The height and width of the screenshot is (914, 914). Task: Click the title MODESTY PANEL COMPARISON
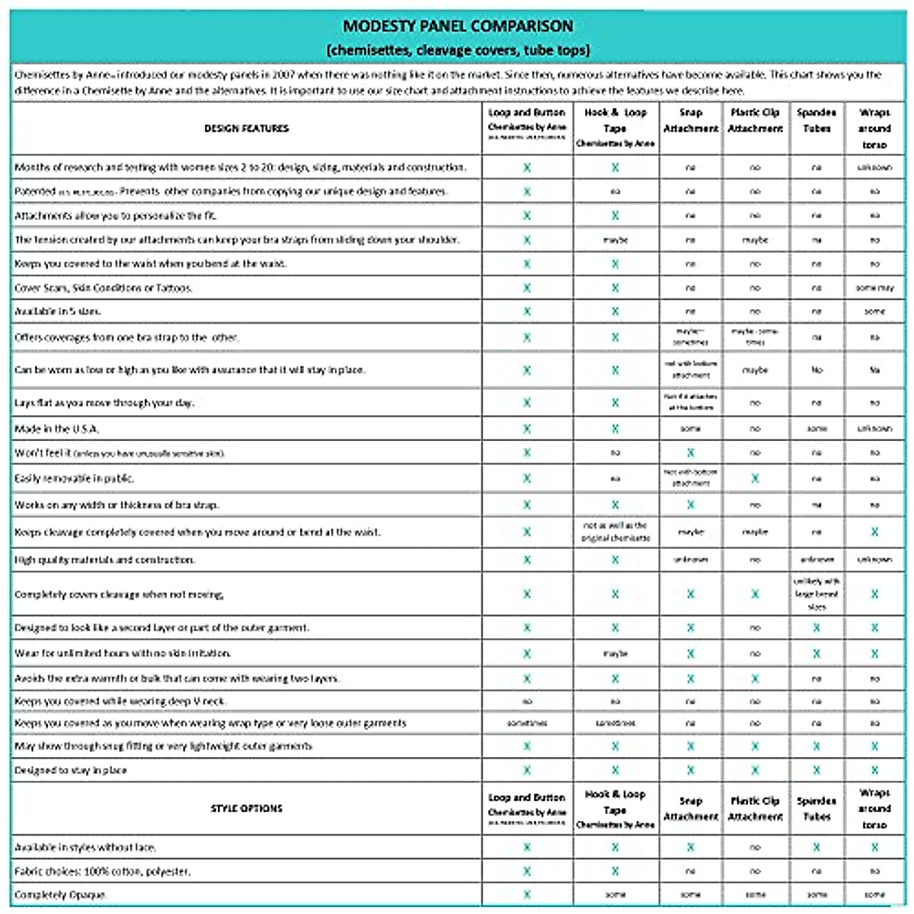coord(457,26)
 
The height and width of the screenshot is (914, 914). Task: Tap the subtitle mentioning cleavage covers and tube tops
coord(457,50)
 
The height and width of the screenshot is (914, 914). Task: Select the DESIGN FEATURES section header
coord(246,129)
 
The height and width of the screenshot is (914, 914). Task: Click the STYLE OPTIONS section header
coord(246,808)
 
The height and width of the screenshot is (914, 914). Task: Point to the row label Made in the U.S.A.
coord(56,429)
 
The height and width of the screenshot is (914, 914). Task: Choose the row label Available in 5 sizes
coord(58,312)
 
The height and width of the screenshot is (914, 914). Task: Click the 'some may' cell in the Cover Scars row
coord(874,288)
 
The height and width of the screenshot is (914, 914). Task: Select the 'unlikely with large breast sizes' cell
coord(817,594)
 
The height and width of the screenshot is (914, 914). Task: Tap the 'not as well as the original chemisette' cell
coord(615,532)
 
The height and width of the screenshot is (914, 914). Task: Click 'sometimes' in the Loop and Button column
coord(527,723)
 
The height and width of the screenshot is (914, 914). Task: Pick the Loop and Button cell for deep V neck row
coord(527,701)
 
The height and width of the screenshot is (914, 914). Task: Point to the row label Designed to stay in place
coord(71,770)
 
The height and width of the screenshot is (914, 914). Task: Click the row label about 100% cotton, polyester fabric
coord(103,871)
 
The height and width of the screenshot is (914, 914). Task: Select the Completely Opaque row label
coord(60,894)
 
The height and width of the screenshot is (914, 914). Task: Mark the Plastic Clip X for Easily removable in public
coord(755,478)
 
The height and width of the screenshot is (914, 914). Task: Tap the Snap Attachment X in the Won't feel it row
coord(691,452)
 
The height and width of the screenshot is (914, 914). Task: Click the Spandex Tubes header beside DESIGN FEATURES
coord(817,120)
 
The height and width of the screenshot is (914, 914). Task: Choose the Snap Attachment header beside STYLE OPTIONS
coord(691,808)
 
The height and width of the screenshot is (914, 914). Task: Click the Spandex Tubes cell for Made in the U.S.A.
coord(817,429)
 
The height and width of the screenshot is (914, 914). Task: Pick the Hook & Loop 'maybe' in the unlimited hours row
coord(615,654)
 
